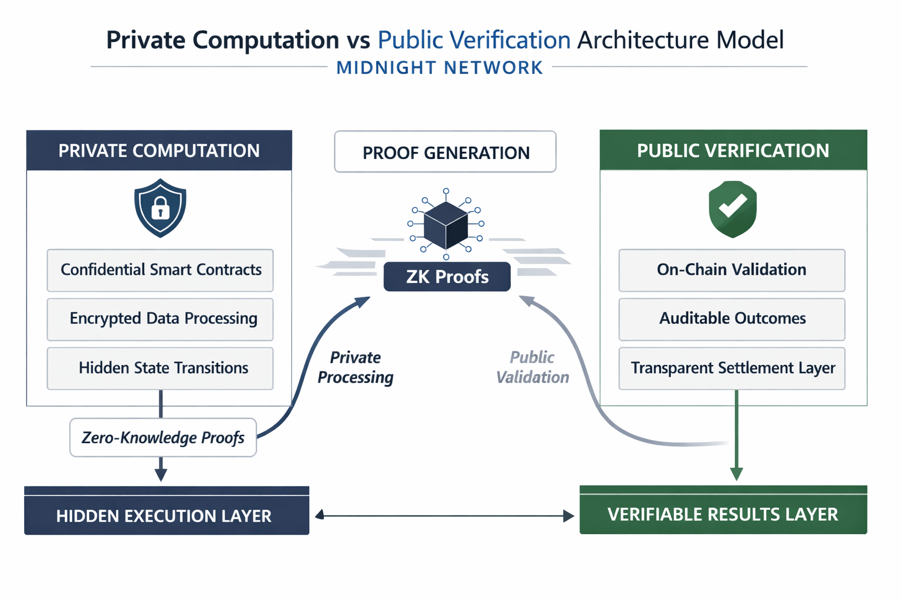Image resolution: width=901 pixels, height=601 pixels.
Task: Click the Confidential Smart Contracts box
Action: coord(160,270)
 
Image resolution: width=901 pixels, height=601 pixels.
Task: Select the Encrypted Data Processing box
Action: coord(160,319)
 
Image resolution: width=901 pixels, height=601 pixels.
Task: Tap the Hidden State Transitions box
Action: coord(160,368)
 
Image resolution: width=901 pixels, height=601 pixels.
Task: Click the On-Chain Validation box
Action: coord(731,270)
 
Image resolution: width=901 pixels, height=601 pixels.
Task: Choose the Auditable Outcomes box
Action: coord(731,319)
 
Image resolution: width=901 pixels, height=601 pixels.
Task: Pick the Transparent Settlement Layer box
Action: coord(731,368)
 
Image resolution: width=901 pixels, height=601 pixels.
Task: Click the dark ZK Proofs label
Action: coord(447,276)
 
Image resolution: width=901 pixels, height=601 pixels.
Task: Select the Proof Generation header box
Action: coord(445,152)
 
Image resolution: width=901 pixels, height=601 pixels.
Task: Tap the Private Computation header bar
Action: coord(159,150)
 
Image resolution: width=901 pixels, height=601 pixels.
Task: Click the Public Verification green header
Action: coord(733,150)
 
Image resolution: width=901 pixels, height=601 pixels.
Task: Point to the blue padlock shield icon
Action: coord(160,208)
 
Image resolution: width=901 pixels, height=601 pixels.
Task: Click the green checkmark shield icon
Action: coord(733,208)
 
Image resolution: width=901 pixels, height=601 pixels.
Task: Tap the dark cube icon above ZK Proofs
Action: coord(446,225)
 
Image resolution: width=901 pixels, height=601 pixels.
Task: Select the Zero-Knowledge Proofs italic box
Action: coord(163,437)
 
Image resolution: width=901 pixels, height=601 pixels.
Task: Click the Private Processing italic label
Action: coord(355,367)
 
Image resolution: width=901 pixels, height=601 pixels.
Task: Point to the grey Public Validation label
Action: coord(533,367)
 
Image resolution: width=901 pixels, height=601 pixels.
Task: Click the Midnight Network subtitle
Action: coord(440,67)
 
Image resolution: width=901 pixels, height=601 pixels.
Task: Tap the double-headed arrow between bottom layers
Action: coord(444,515)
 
